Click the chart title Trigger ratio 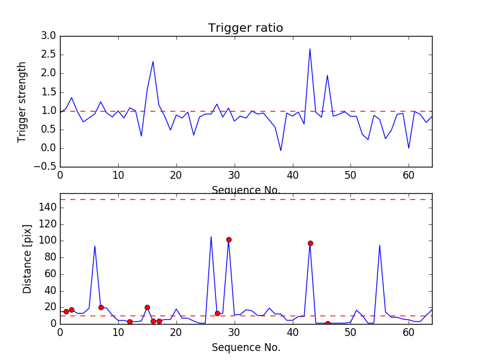[245, 28]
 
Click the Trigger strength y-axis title [22, 102]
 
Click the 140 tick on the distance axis [47, 208]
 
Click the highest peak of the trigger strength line [310, 49]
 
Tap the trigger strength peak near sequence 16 [153, 61]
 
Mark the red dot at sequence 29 [229, 239]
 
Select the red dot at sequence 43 [310, 243]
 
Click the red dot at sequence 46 [328, 323]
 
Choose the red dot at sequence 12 [130, 322]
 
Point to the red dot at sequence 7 [101, 307]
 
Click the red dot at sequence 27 [217, 313]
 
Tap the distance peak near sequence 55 [379, 245]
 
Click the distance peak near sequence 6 [95, 245]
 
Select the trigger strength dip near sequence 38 [281, 151]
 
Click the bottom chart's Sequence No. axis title [245, 347]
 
